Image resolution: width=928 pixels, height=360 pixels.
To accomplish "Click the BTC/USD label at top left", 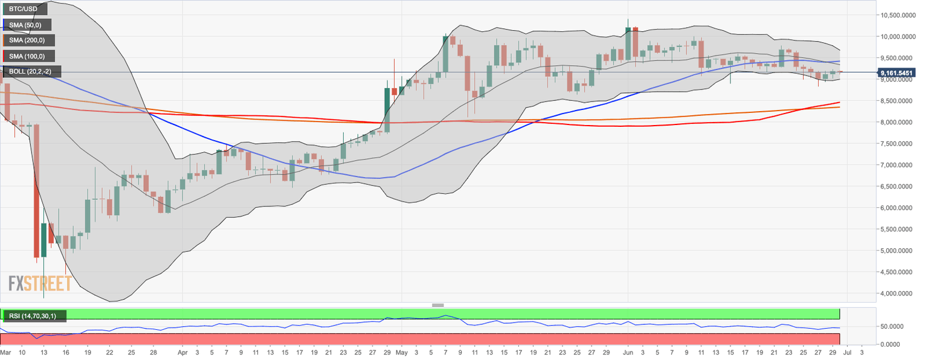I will [x=24, y=10].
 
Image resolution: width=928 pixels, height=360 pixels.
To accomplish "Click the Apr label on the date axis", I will [x=183, y=352].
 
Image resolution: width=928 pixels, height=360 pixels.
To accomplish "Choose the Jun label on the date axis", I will [x=628, y=352].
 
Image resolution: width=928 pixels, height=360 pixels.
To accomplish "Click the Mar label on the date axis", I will [x=5, y=352].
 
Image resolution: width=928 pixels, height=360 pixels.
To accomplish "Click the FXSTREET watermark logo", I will [x=40, y=283].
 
